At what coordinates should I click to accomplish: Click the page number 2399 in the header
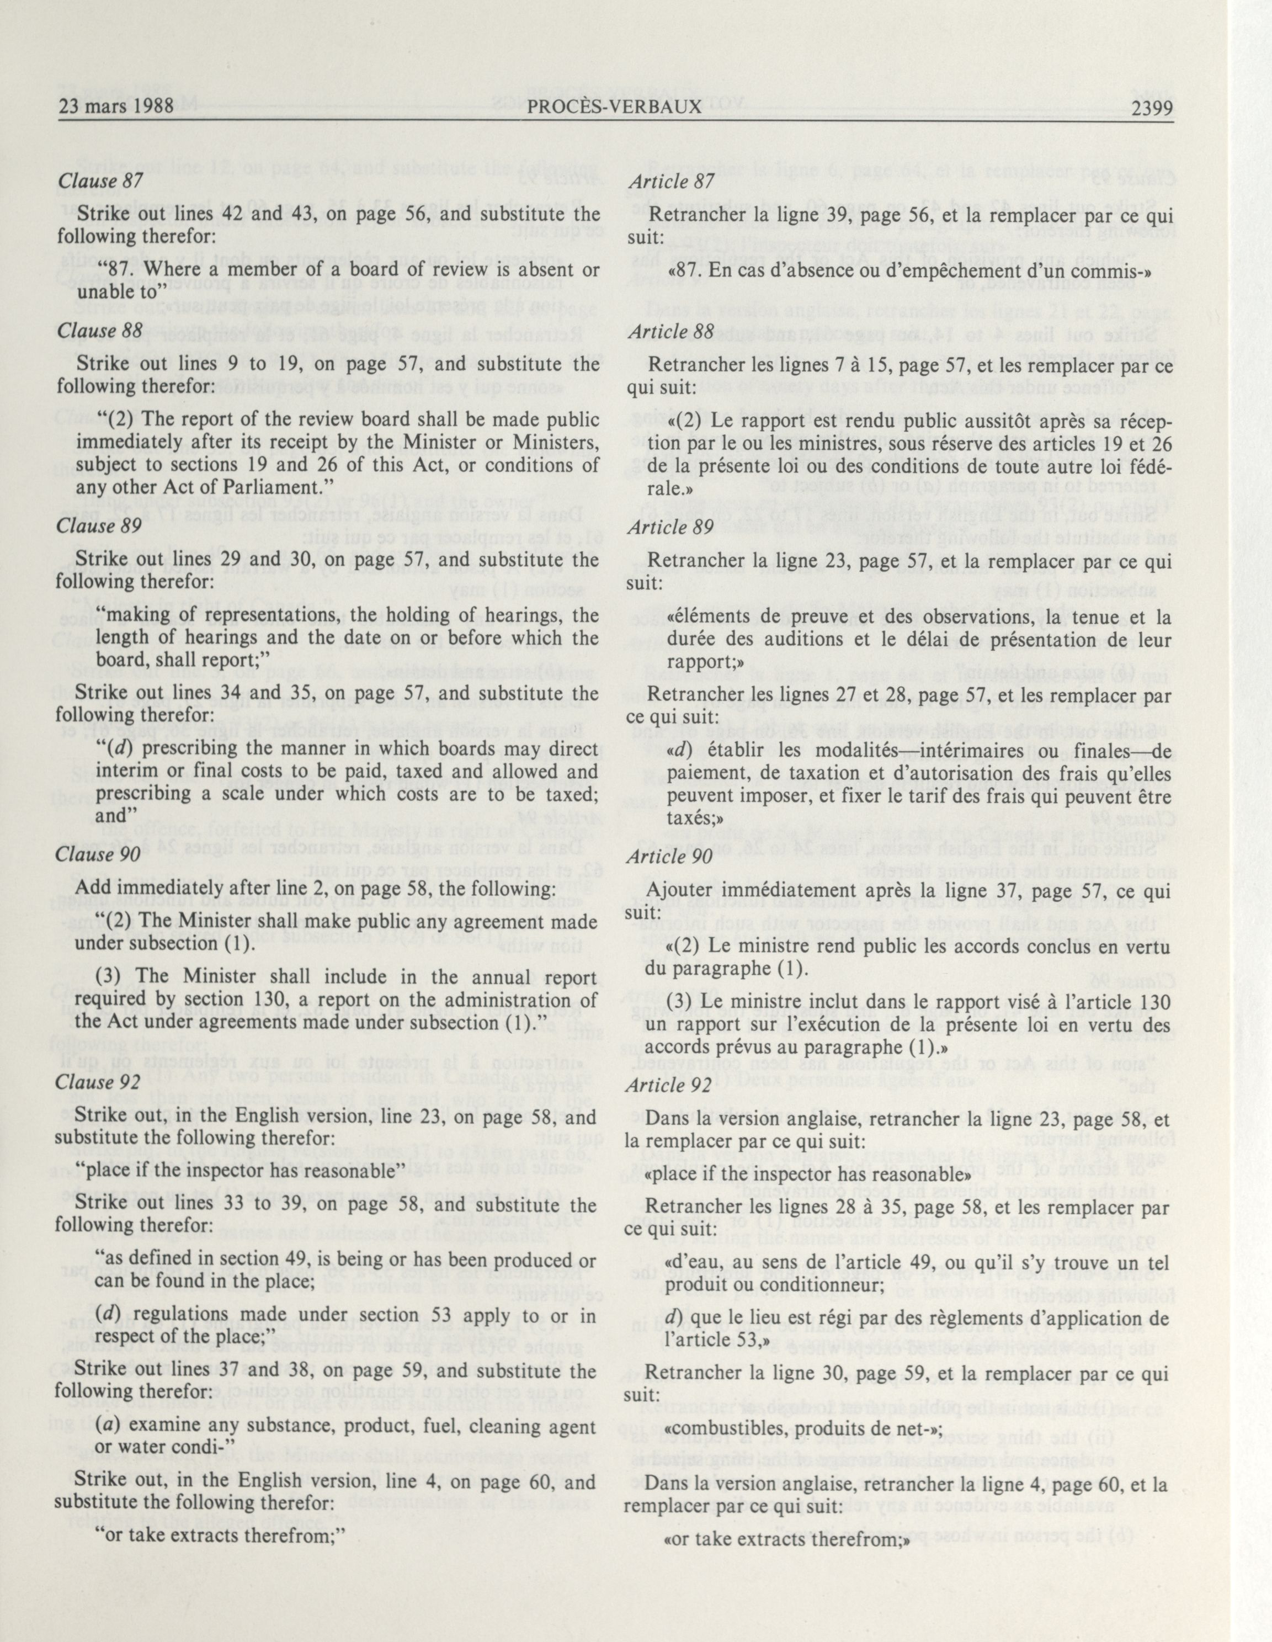coord(1151,107)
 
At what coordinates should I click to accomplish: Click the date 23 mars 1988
coord(116,107)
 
